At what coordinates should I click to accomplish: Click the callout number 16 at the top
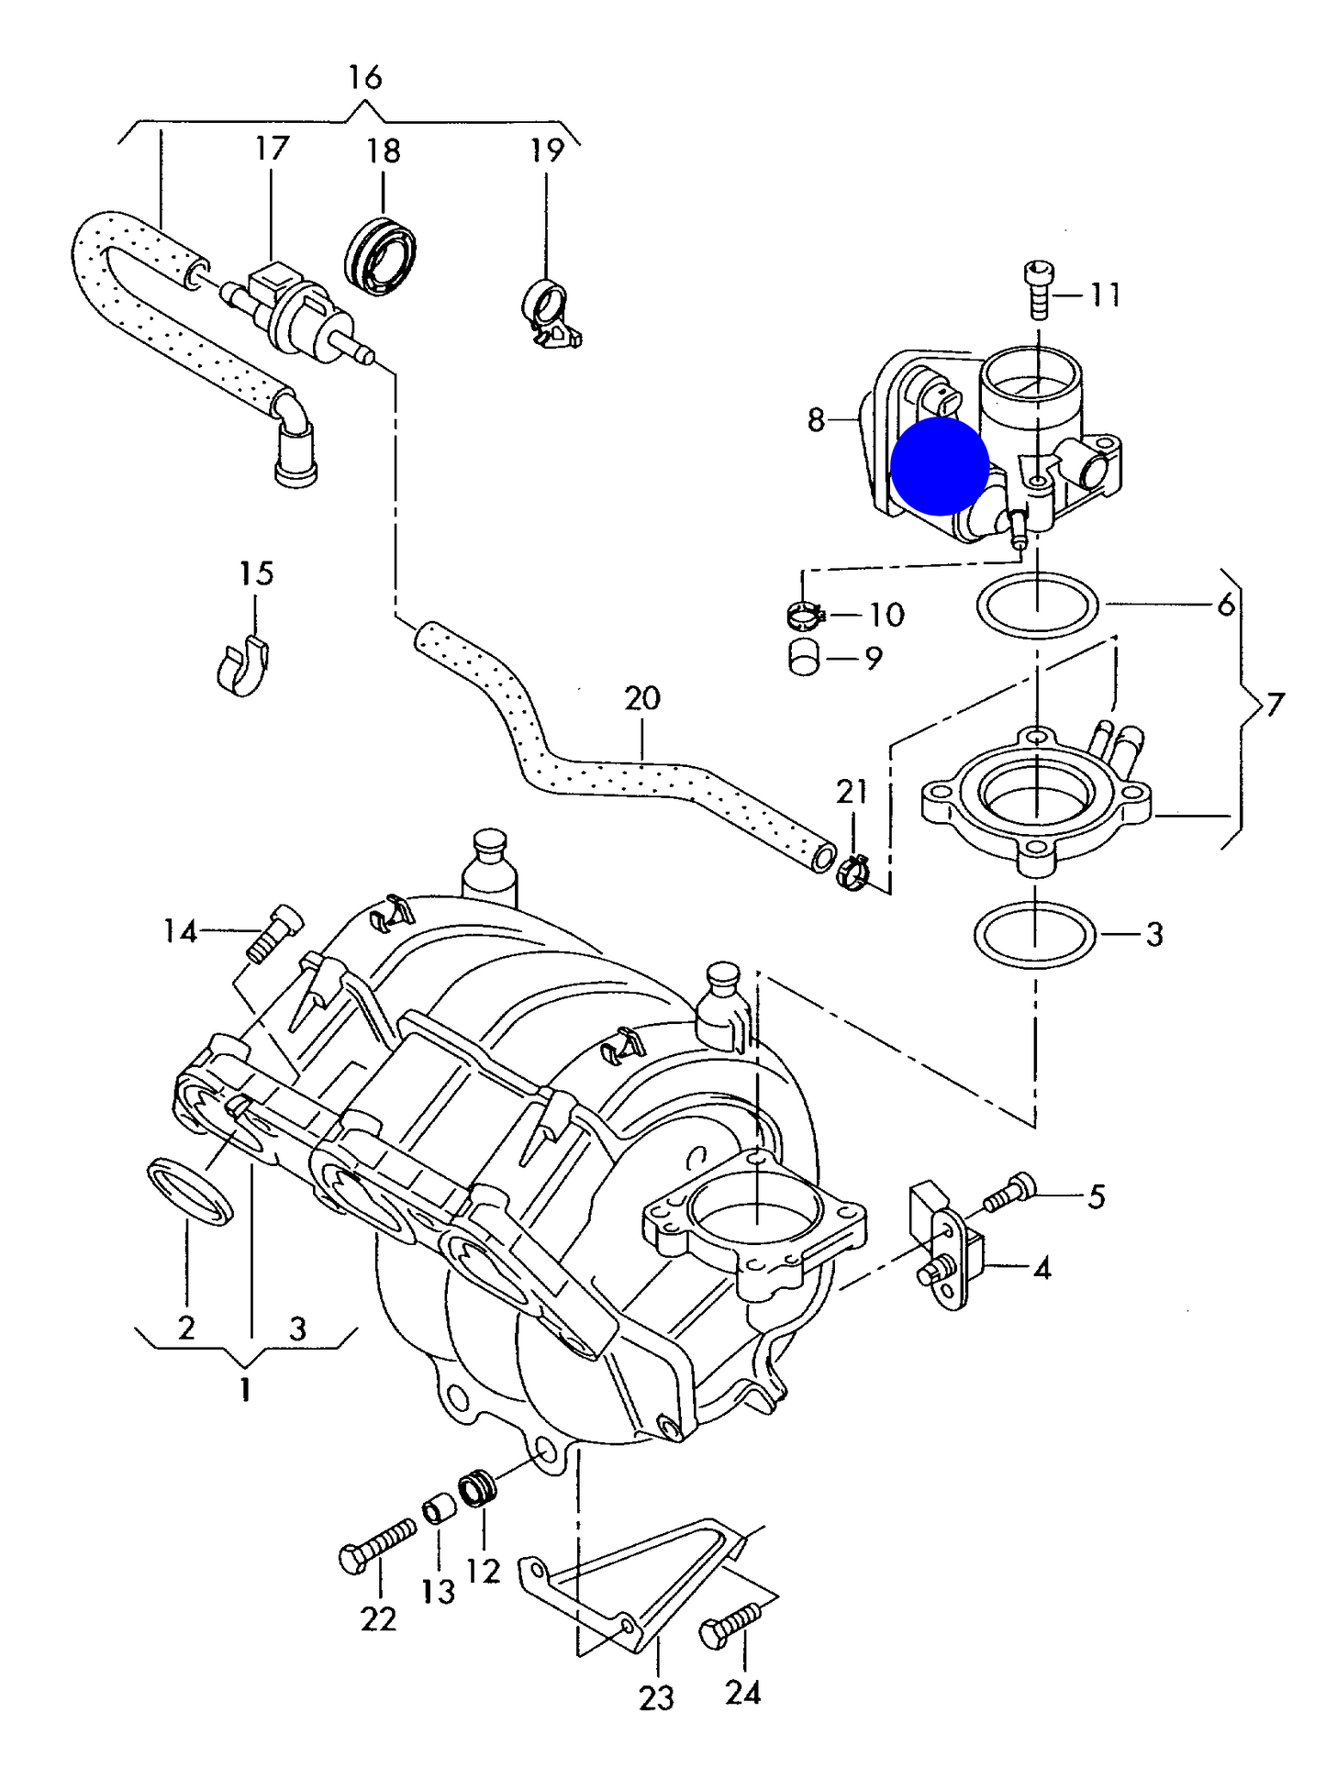(x=364, y=77)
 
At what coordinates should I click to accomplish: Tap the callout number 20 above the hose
(x=642, y=698)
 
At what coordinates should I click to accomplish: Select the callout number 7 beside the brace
(x=1275, y=705)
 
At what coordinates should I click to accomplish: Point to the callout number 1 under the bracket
(x=245, y=1390)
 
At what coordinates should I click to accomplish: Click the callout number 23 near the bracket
(x=656, y=1698)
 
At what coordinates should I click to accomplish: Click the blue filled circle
(x=940, y=466)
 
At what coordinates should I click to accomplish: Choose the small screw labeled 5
(x=1009, y=1193)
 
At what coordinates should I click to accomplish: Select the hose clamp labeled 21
(x=852, y=873)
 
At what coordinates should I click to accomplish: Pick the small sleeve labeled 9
(x=804, y=658)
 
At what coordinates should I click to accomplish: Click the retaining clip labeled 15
(x=244, y=663)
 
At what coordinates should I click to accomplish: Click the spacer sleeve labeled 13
(x=440, y=1509)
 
